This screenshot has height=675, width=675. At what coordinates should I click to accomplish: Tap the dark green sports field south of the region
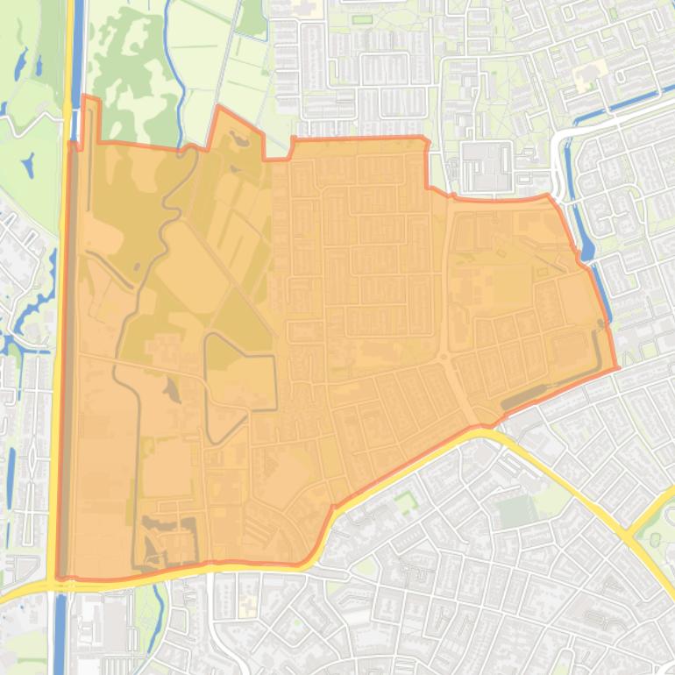[518, 510]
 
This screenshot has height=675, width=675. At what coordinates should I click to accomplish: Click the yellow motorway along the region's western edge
[61, 351]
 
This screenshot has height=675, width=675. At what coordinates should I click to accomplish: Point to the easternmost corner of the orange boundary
[617, 366]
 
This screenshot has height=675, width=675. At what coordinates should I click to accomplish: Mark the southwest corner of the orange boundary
[59, 577]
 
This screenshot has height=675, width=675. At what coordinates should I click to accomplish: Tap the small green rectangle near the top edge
[252, 18]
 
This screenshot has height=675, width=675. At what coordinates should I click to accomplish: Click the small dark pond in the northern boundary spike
[234, 139]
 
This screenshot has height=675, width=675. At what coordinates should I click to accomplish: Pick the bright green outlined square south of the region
[405, 502]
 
